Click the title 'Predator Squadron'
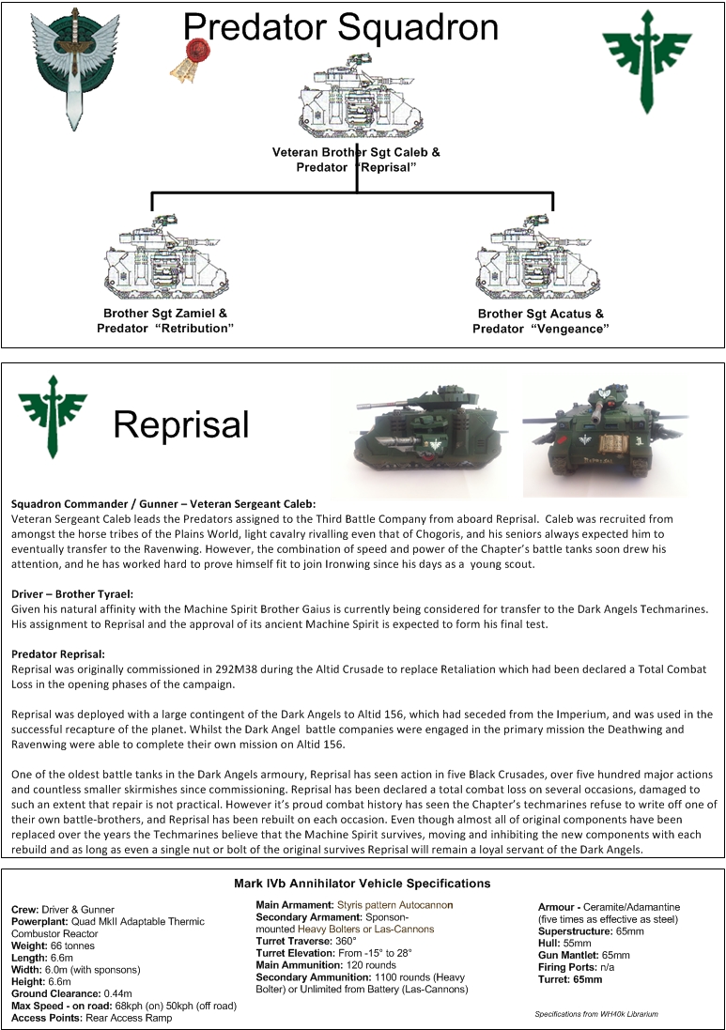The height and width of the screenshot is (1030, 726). tap(340, 27)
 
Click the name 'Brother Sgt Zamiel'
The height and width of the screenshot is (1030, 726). tap(164, 313)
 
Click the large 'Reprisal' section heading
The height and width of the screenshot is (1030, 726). tap(181, 424)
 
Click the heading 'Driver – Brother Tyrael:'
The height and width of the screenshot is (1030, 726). tap(72, 594)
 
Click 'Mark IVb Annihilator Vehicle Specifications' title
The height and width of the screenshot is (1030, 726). tap(362, 884)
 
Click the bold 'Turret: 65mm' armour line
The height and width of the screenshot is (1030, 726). tap(570, 979)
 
